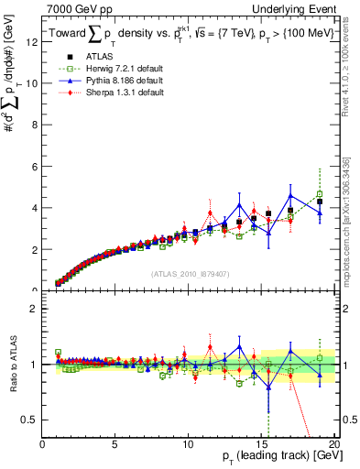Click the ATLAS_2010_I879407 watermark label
[190, 273]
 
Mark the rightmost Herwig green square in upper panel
[320, 194]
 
